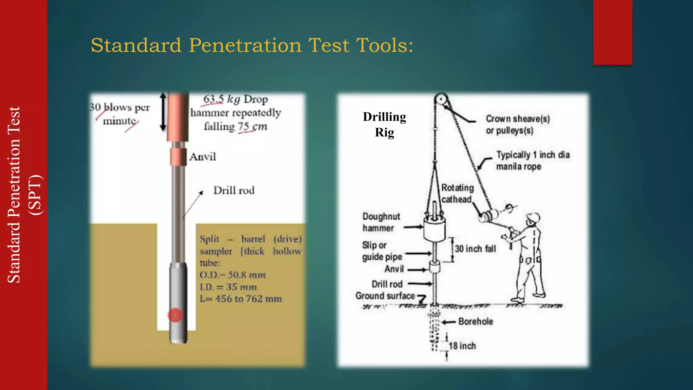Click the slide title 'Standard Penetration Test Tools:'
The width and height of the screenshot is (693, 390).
(252, 45)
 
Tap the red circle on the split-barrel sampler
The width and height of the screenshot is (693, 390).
(175, 315)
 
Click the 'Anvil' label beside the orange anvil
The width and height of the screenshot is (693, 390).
(202, 157)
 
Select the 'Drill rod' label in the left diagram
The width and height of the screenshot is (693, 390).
(234, 190)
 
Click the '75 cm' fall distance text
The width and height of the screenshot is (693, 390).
(252, 127)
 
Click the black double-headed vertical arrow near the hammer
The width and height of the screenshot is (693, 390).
(163, 112)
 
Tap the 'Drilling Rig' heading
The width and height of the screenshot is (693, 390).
(384, 124)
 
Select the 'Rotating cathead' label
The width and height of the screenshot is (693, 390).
(457, 194)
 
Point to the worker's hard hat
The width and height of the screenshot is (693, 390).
(533, 217)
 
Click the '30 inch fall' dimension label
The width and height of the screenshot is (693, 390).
(475, 249)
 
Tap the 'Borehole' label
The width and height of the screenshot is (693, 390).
(475, 322)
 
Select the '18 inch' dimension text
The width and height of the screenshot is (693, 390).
(462, 346)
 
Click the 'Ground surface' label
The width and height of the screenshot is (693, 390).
(385, 296)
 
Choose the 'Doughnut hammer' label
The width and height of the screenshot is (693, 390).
(381, 222)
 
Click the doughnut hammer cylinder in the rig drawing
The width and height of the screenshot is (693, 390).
(434, 229)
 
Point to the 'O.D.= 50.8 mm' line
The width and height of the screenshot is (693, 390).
(233, 275)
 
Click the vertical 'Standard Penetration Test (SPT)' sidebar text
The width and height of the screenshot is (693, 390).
(24, 195)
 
